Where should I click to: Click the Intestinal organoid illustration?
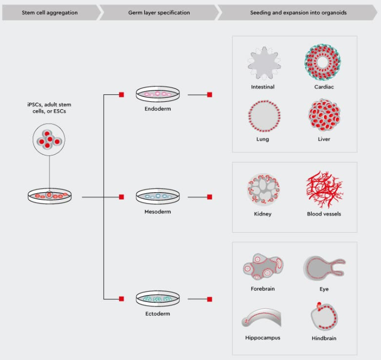tap(264, 63)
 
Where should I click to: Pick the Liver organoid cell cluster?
tap(325, 115)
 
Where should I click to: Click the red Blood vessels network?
tap(325, 189)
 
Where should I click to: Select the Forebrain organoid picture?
tap(263, 267)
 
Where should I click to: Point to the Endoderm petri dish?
tap(158, 94)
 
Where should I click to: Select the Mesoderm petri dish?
tap(158, 197)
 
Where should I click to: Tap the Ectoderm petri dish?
tap(158, 299)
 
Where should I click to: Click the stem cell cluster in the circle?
tap(49, 140)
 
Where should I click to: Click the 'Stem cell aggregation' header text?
tap(50, 13)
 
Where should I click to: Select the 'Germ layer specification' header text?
tap(159, 13)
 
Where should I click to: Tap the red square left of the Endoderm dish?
tap(121, 95)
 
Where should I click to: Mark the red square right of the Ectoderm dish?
tap(210, 299)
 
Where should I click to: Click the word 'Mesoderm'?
tap(158, 211)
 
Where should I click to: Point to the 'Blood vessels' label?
tap(324, 214)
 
